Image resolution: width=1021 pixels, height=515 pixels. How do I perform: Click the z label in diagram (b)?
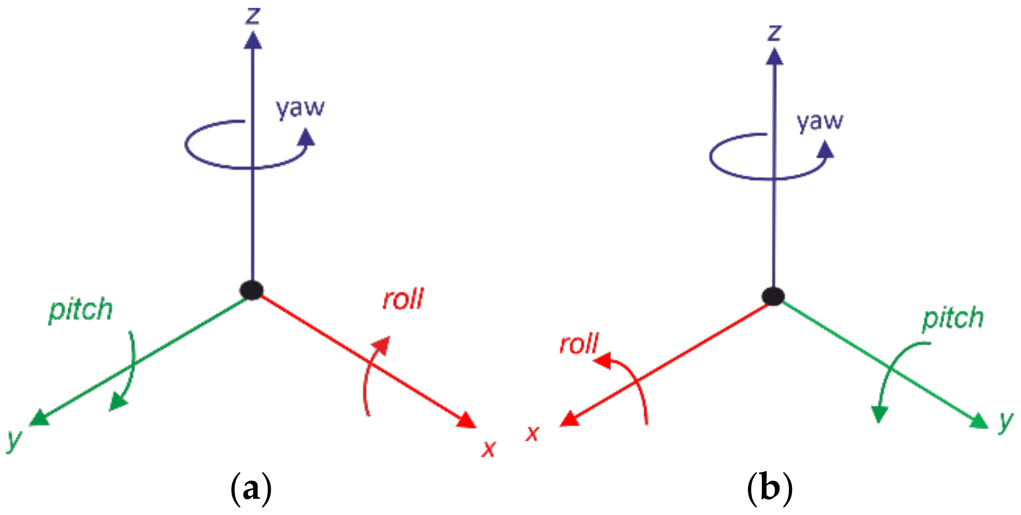click(774, 33)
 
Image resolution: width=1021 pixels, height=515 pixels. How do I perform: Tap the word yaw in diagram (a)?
click(300, 108)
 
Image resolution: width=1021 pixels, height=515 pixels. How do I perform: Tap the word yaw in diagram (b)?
click(819, 121)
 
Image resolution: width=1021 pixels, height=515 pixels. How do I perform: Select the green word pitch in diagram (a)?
click(80, 310)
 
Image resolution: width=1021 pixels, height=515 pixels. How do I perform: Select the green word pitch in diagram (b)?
click(952, 319)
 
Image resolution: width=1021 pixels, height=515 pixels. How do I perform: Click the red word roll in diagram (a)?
click(403, 299)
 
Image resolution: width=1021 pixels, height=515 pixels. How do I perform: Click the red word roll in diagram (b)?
click(579, 344)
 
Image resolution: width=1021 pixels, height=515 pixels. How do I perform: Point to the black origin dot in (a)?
click(252, 290)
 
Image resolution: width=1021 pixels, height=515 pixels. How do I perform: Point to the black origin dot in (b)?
click(773, 296)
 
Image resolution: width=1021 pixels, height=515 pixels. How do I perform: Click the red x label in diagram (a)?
click(489, 448)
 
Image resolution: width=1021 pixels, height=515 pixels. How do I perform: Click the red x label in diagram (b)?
click(532, 433)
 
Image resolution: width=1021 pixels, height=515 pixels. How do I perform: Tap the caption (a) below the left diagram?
click(251, 489)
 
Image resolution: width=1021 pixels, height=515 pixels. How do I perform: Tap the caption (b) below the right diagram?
click(770, 489)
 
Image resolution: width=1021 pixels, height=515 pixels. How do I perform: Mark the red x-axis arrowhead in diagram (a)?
click(467, 421)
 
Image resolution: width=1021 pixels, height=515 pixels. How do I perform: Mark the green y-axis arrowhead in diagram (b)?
click(979, 422)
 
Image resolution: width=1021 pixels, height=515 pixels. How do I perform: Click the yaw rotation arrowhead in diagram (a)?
click(306, 137)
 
